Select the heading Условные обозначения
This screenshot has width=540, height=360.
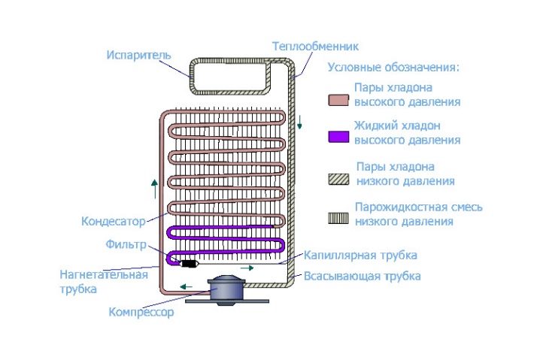393,68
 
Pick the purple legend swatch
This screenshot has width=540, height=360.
338,136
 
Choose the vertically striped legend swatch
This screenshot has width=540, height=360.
338,218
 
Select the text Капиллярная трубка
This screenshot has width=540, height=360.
360,256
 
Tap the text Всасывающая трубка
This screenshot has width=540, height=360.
363,276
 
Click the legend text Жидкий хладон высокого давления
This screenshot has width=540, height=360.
408,132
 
